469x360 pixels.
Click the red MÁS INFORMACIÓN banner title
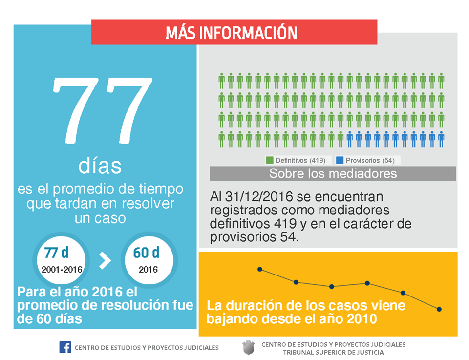(x=231, y=33)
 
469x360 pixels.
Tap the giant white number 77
(x=103, y=110)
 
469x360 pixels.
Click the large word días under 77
(x=100, y=166)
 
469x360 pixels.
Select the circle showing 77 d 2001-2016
(x=62, y=259)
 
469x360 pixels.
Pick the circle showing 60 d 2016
(x=149, y=259)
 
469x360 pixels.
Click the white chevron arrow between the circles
(x=105, y=260)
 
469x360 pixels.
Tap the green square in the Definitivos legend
(x=270, y=160)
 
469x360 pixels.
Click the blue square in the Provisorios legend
(x=340, y=160)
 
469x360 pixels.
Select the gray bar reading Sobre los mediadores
(x=333, y=173)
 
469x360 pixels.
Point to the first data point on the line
(x=260, y=270)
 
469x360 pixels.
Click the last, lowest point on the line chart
(x=439, y=309)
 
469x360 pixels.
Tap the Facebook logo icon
(x=65, y=347)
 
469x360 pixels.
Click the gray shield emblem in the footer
(x=248, y=348)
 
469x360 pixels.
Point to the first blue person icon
(x=349, y=139)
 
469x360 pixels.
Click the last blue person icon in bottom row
(x=441, y=139)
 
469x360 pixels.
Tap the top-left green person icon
(x=221, y=81)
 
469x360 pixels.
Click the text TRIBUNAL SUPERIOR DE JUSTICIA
(x=334, y=353)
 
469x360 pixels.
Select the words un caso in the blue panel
(x=100, y=218)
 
